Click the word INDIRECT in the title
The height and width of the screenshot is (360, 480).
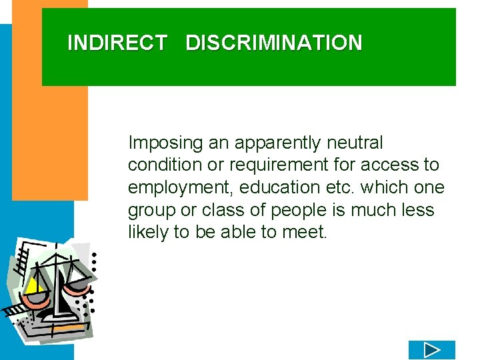117,43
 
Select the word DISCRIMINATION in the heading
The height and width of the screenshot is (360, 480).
274,43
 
